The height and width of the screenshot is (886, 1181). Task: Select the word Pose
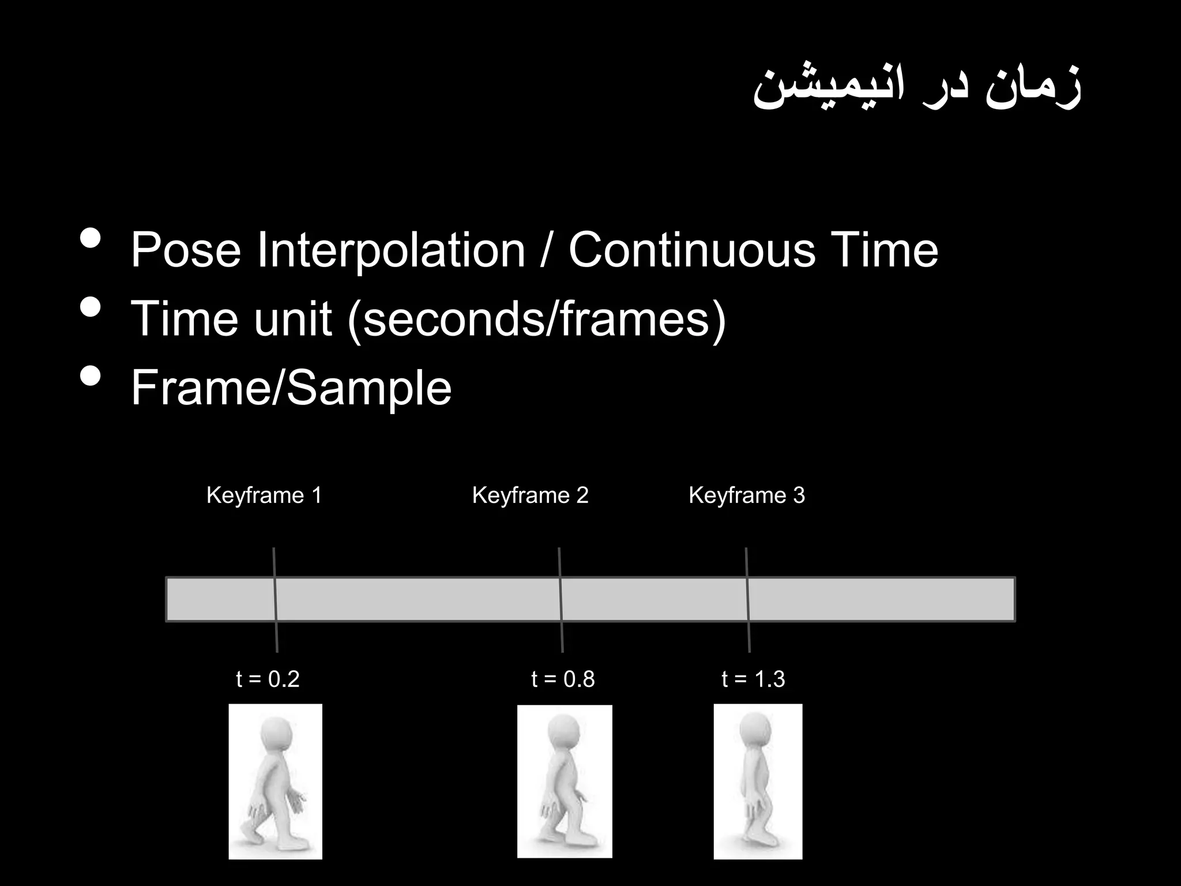[x=186, y=251]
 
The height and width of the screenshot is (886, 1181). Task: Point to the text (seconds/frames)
[x=536, y=319]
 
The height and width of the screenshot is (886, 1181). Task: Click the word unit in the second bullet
[x=293, y=319]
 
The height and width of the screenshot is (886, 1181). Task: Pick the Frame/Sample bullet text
[x=291, y=388]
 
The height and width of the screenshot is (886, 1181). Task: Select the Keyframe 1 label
[x=264, y=495]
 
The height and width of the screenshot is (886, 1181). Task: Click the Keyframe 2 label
[x=530, y=495]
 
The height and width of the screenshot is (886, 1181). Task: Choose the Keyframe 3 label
[x=746, y=495]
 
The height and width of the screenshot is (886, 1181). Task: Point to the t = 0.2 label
[x=268, y=679]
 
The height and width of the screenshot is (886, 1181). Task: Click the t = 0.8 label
[x=563, y=679]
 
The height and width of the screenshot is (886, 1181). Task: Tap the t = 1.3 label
[x=753, y=679]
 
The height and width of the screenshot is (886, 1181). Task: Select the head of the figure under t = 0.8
[x=563, y=731]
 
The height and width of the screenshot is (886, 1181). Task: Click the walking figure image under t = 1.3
[x=758, y=782]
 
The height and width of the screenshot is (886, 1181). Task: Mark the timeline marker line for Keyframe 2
[x=561, y=600]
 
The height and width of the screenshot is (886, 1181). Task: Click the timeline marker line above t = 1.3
[x=748, y=600]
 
